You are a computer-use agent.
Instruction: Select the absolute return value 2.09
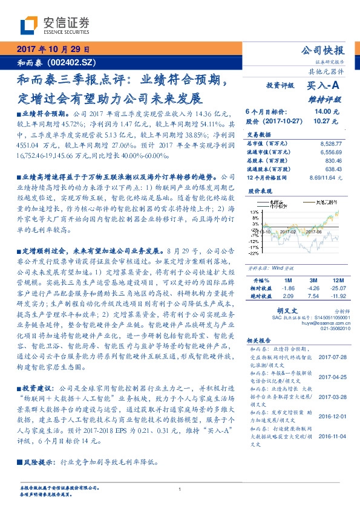click(x=287, y=297)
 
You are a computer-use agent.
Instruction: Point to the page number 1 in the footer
click(x=180, y=489)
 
